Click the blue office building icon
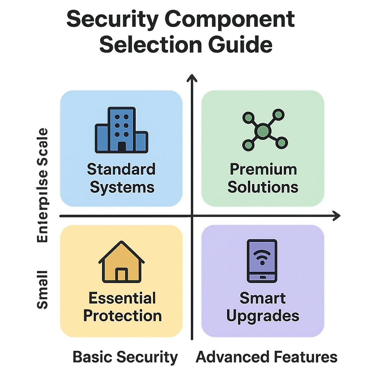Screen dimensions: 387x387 tap(121, 130)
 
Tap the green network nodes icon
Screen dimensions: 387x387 tap(263, 130)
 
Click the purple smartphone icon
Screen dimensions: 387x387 tap(262, 261)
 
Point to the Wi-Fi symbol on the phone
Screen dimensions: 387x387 tap(262, 257)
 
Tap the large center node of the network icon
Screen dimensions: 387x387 tap(263, 131)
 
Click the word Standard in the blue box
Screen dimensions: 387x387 tap(121, 169)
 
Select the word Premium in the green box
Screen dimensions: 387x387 tap(263, 169)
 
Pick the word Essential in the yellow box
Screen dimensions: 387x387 tap(122, 298)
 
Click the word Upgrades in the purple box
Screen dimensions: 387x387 tap(263, 316)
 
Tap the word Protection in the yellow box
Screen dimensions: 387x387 tap(122, 316)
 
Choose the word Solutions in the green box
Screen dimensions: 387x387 tap(263, 187)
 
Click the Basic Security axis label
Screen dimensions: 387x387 tap(125, 357)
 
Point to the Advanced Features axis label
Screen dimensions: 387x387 tap(266, 357)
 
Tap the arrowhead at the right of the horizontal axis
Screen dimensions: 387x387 tap(337, 216)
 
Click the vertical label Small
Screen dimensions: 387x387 tap(43, 289)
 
